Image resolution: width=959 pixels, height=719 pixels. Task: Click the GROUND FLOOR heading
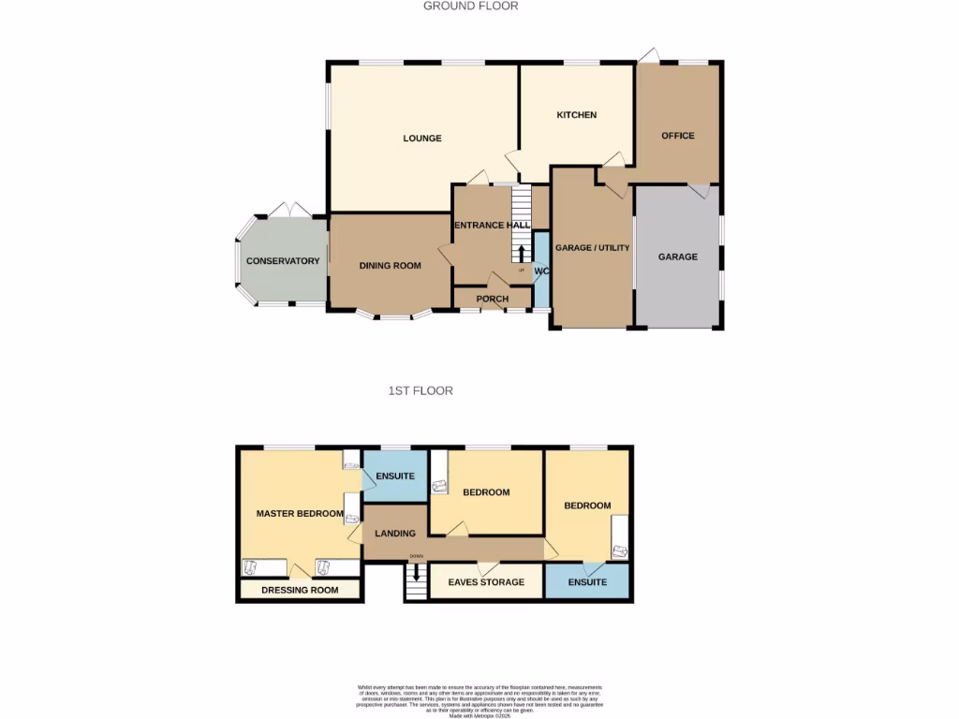point(470,6)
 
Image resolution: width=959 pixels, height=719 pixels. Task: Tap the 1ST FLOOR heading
point(420,390)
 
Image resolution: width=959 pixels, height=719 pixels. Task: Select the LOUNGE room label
point(422,139)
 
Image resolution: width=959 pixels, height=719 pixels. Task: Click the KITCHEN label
point(577,115)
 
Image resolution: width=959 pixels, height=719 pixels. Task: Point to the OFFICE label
point(678,136)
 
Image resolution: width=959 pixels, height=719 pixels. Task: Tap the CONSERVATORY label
point(283,261)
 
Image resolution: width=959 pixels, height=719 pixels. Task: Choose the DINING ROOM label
point(391,266)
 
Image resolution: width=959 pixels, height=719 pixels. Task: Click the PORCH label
point(493,300)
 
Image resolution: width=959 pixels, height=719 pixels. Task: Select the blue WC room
point(541,271)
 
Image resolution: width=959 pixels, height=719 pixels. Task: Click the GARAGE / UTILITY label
point(593,248)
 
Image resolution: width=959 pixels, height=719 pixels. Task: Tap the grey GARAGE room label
point(677,257)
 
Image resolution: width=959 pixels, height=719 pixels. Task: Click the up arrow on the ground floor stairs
point(522,253)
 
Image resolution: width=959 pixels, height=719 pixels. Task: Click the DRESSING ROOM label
point(300,591)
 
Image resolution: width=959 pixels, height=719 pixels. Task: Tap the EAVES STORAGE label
point(486,582)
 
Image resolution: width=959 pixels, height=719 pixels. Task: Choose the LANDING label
point(395,534)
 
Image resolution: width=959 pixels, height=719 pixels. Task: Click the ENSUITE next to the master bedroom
point(395,477)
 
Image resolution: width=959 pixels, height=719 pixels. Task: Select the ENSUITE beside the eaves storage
point(587,582)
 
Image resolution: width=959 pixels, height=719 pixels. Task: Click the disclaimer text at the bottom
point(479,701)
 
